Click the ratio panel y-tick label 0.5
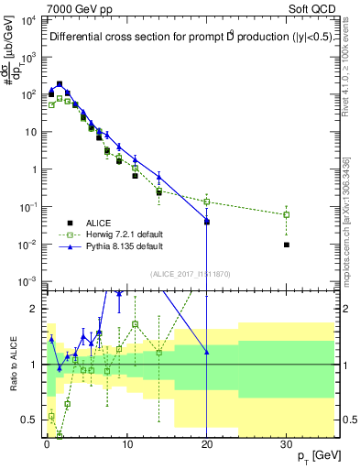click(x=29, y=420)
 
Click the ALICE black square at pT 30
click(x=287, y=245)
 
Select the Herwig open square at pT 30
click(x=287, y=214)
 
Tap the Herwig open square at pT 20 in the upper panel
click(x=207, y=202)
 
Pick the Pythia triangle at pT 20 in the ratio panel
click(x=207, y=352)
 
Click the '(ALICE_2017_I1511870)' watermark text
click(x=179, y=273)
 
